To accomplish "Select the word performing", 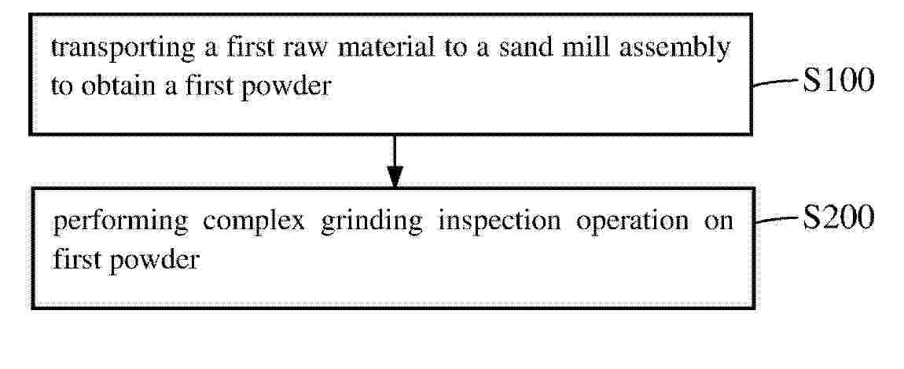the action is [120, 222].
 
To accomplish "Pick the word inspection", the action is [498, 222].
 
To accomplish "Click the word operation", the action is [632, 222].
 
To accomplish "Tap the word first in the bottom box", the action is [75, 260].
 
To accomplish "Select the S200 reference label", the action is [839, 219].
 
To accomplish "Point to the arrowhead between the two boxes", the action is [395, 177].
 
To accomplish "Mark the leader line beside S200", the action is [777, 220].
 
